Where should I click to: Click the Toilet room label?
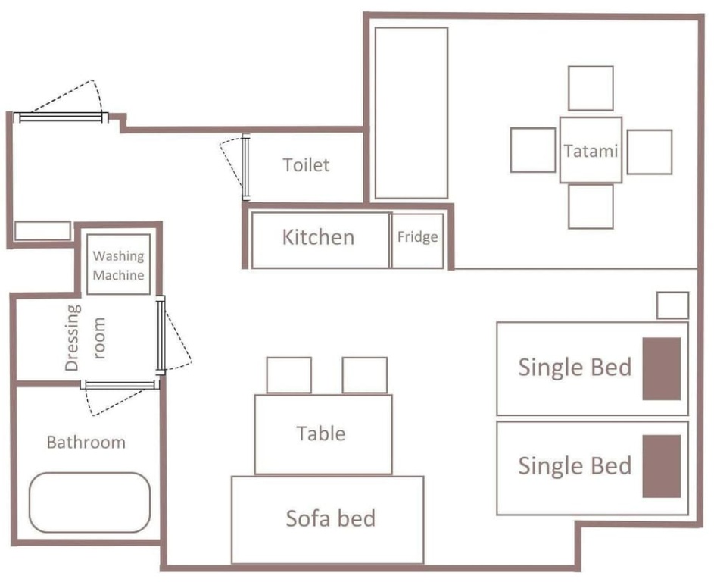click(x=306, y=165)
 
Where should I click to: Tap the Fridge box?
click(x=417, y=241)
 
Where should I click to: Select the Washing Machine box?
click(x=118, y=264)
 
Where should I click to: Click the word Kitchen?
click(x=318, y=237)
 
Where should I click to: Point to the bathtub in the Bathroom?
click(x=89, y=502)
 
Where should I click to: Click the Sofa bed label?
click(x=331, y=518)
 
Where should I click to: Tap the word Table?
click(x=321, y=433)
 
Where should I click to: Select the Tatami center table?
click(x=591, y=150)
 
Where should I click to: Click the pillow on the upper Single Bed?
click(x=662, y=369)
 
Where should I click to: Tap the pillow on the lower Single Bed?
click(x=662, y=466)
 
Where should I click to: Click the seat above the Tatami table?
click(x=591, y=88)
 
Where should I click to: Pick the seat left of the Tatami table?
click(x=533, y=150)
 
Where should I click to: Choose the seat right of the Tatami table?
click(x=650, y=152)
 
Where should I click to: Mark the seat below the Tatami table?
click(x=591, y=206)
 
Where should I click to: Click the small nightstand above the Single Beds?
click(x=672, y=305)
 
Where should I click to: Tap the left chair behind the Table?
click(x=289, y=375)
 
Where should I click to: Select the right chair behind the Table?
click(x=365, y=375)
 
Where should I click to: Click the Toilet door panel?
click(x=246, y=167)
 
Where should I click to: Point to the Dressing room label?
click(x=85, y=338)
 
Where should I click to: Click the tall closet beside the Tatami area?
click(x=411, y=113)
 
